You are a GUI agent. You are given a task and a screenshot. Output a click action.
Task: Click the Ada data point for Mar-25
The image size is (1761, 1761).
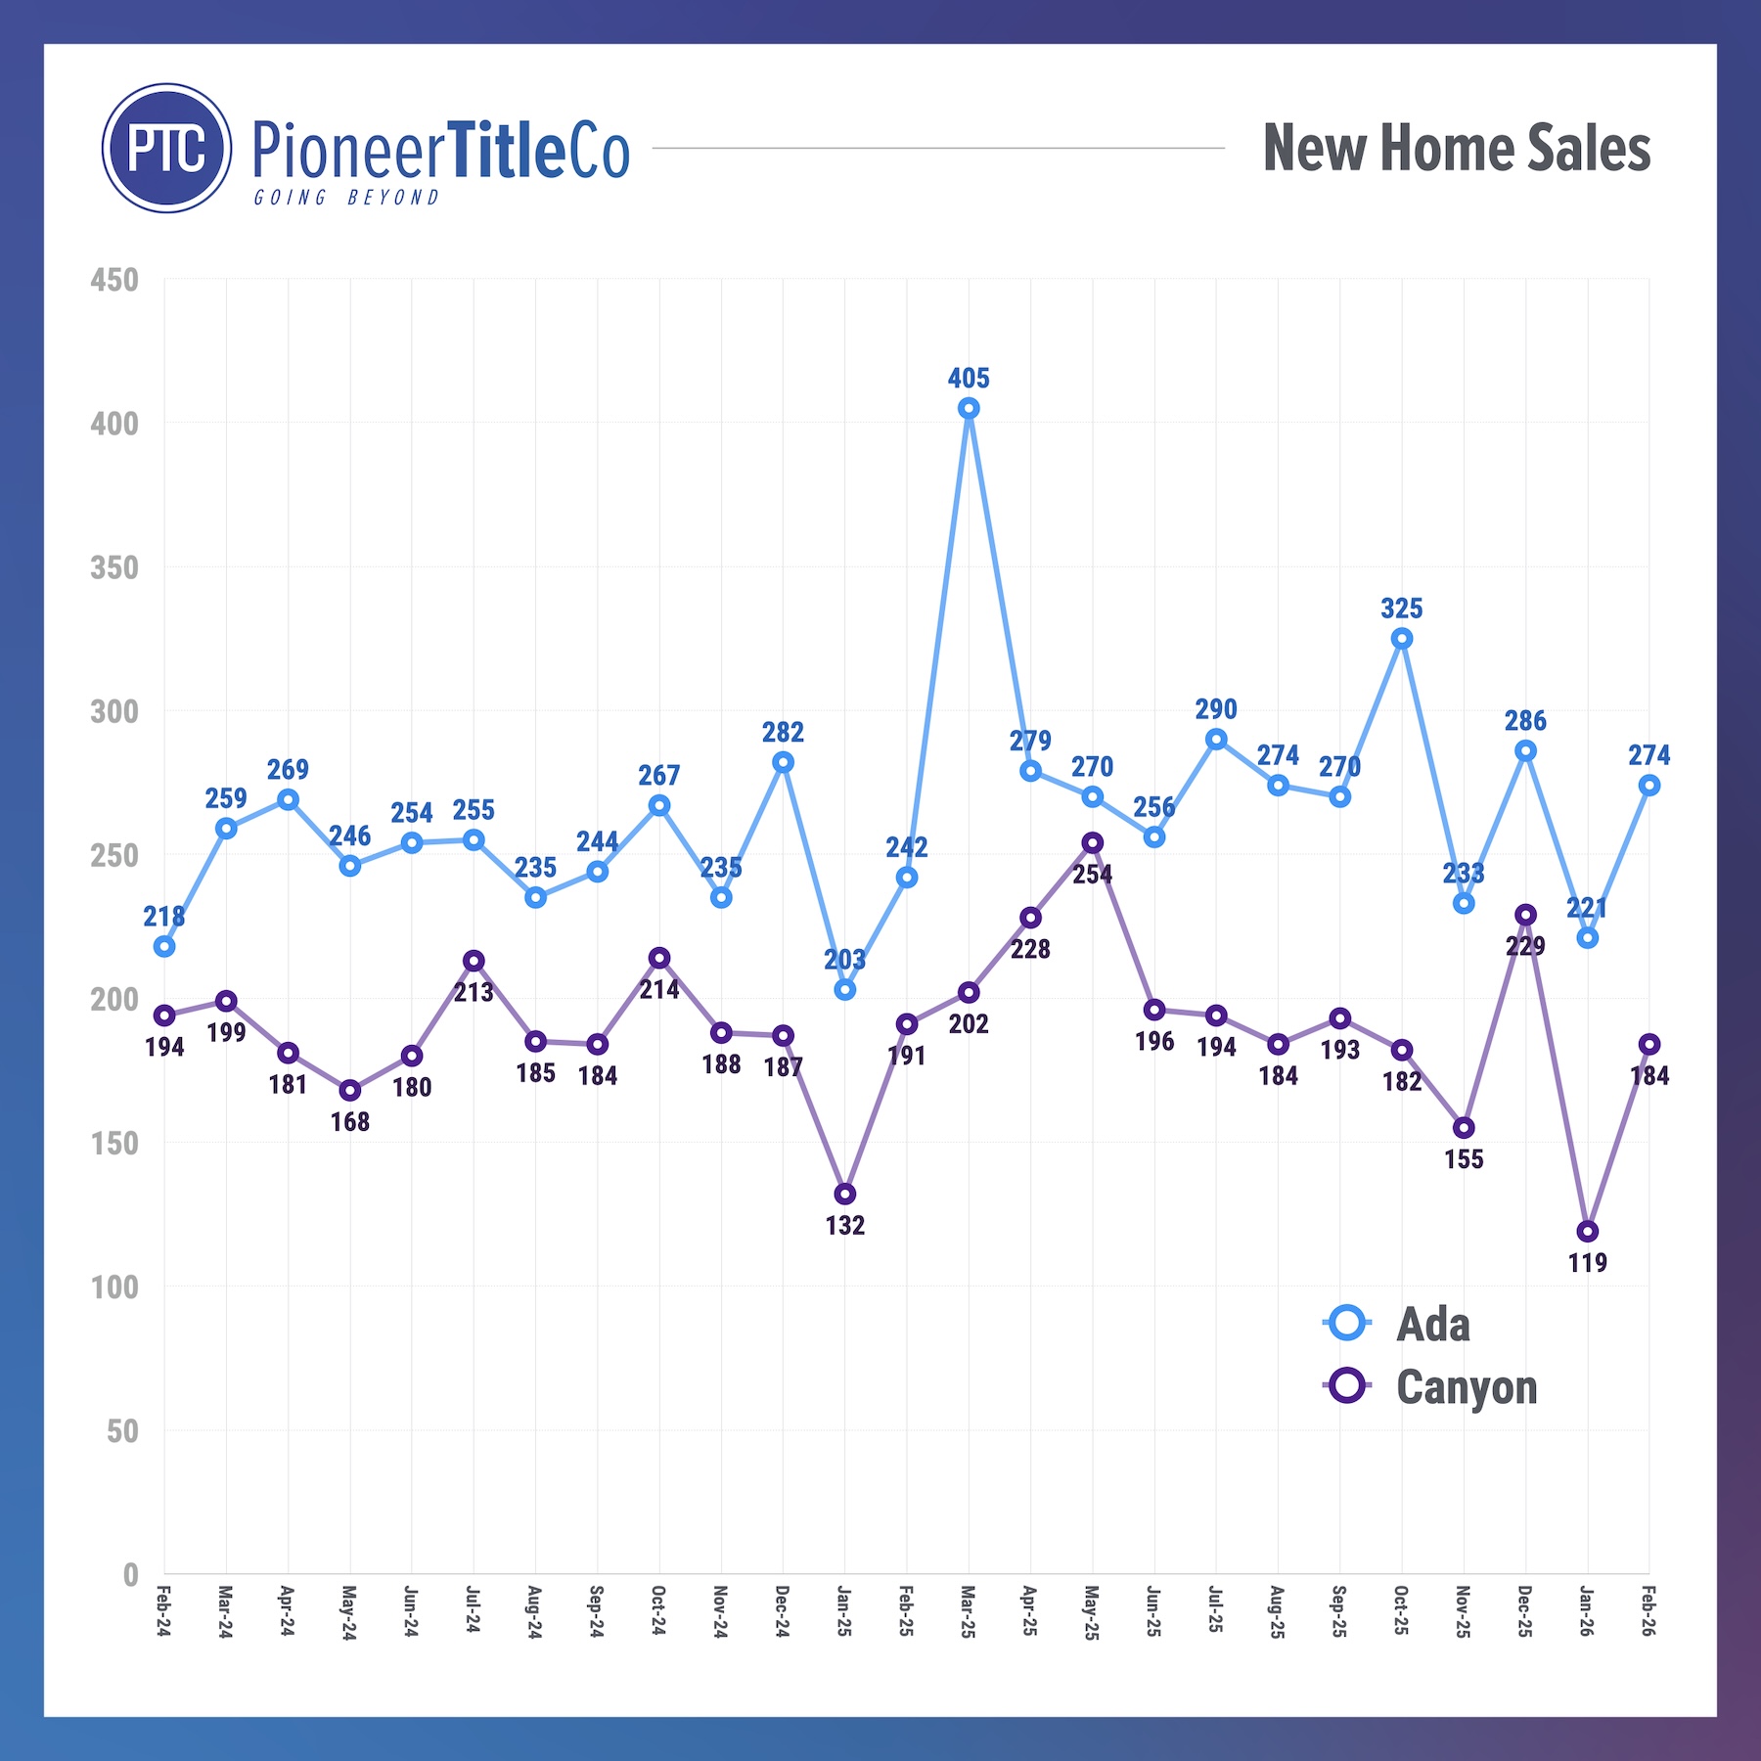click(x=969, y=409)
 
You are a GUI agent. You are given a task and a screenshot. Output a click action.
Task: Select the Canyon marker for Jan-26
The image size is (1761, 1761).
click(x=1587, y=1232)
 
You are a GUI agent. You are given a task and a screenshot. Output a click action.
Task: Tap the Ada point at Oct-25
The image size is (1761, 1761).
click(x=1401, y=639)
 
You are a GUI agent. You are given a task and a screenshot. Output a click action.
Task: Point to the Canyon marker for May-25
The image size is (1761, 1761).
click(x=1092, y=843)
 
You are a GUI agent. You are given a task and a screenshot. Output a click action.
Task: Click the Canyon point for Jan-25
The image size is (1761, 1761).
click(x=845, y=1195)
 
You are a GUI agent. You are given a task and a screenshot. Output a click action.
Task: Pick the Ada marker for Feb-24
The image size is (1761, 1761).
click(x=164, y=947)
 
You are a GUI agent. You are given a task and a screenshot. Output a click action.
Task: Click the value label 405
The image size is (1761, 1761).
click(x=969, y=379)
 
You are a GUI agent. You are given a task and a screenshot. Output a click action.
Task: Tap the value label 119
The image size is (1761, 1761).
click(x=1587, y=1263)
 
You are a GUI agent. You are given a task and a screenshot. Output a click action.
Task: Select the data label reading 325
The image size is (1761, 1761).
click(x=1401, y=609)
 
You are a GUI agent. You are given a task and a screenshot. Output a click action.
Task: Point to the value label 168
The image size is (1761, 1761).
click(x=350, y=1122)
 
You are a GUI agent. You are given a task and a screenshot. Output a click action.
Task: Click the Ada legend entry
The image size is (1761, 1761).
click(x=1432, y=1325)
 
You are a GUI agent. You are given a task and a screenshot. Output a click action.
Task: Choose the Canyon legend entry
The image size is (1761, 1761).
click(x=1466, y=1387)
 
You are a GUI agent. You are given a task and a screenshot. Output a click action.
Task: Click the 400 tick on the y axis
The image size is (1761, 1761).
click(x=114, y=425)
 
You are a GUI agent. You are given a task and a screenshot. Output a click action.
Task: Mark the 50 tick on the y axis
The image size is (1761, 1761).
click(x=122, y=1432)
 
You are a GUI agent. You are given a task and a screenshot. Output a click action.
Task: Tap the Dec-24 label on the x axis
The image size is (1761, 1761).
click(x=783, y=1611)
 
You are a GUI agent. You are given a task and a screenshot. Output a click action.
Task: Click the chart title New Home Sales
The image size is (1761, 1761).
click(x=1456, y=149)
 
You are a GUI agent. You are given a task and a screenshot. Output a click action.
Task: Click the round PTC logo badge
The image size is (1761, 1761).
click(x=167, y=149)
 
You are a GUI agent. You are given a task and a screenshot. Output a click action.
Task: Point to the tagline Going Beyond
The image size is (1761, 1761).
click(x=346, y=198)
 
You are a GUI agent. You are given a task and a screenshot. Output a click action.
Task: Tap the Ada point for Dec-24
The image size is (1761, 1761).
click(x=783, y=762)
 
